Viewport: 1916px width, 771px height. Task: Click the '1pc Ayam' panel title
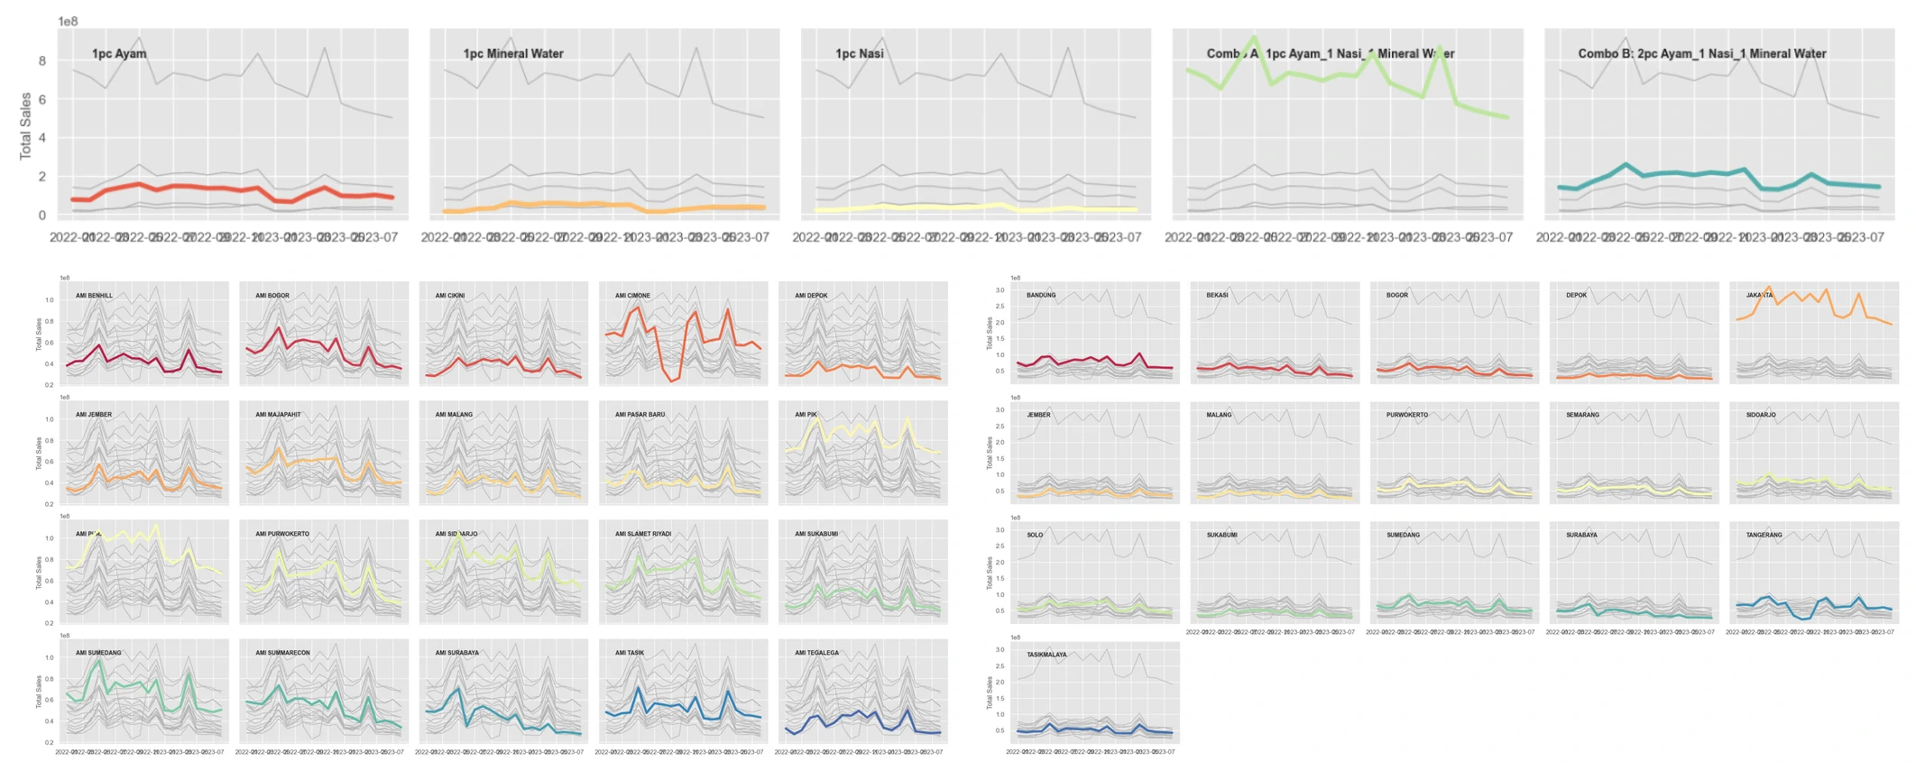tap(119, 54)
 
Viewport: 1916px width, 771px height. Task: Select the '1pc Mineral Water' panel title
tap(513, 54)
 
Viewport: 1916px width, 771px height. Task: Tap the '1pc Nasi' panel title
tap(860, 54)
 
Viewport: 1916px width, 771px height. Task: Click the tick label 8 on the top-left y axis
tap(41, 61)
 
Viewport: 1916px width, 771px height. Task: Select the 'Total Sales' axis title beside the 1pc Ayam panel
tap(25, 126)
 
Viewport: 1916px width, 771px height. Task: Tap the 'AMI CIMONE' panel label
tap(632, 296)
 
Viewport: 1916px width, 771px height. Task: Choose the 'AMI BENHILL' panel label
tap(94, 296)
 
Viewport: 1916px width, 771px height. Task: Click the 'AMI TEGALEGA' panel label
tap(816, 653)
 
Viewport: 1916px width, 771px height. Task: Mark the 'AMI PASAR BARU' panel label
tap(640, 415)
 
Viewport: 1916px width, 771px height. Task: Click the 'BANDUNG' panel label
tap(1041, 296)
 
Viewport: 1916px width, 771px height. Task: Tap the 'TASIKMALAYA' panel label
tap(1046, 655)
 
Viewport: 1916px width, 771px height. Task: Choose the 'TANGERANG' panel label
tap(1764, 535)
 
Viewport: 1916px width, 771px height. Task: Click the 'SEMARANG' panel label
tap(1582, 415)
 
